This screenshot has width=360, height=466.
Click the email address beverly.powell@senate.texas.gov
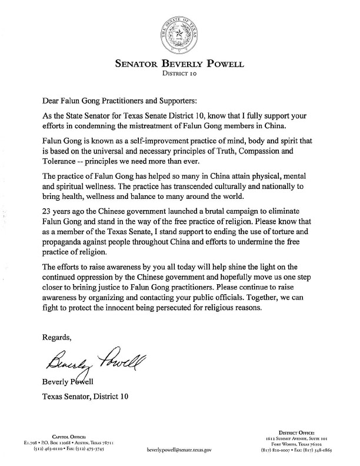click(180, 448)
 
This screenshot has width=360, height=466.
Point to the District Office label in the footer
click(297, 432)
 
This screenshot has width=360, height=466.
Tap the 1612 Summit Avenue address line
click(297, 438)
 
